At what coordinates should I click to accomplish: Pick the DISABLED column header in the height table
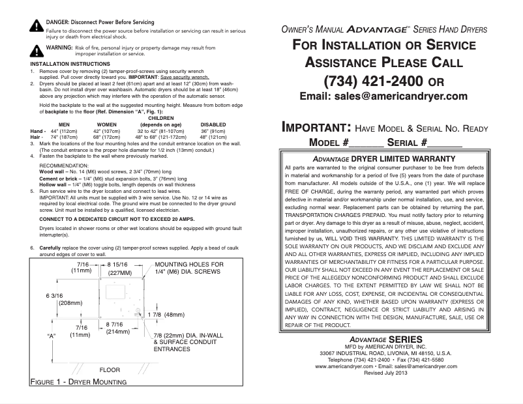tap(213, 124)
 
